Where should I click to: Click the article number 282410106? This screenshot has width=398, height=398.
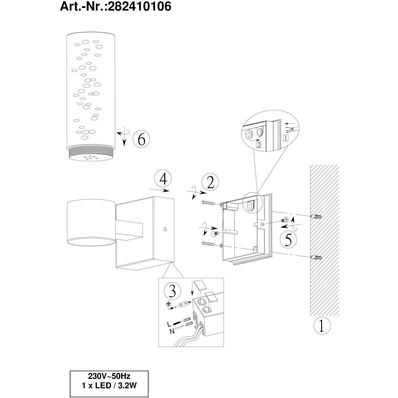(x=140, y=6)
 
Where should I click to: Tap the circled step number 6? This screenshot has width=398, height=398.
(x=141, y=139)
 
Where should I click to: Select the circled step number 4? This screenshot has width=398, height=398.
(x=163, y=179)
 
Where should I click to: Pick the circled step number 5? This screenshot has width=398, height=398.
(x=288, y=240)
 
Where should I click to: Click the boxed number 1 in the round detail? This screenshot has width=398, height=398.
(x=286, y=138)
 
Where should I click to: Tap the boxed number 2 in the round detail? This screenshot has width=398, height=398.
(x=259, y=145)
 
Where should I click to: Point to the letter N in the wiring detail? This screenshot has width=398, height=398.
(x=172, y=331)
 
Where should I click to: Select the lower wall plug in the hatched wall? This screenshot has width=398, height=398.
(x=316, y=257)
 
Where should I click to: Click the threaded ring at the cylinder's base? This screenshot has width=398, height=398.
(x=91, y=150)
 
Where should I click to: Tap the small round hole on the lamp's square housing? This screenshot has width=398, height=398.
(x=165, y=229)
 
